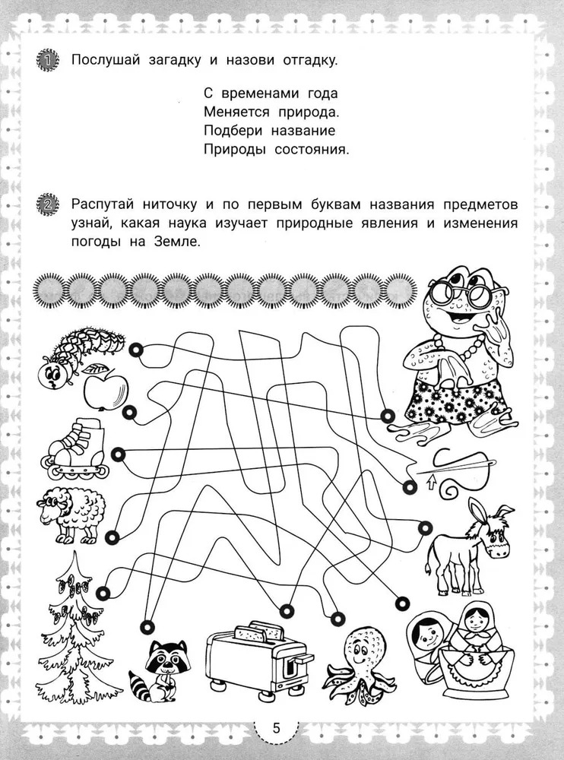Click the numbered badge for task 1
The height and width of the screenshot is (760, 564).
tap(48, 60)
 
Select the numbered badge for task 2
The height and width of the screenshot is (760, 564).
tap(48, 204)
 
